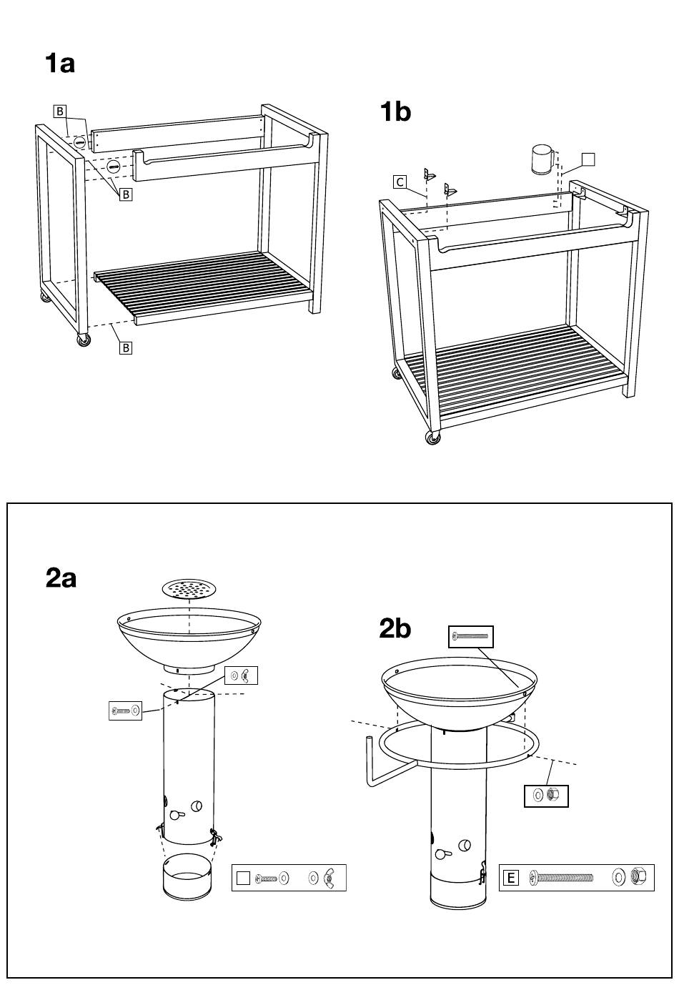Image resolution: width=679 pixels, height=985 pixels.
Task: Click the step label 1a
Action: (60, 64)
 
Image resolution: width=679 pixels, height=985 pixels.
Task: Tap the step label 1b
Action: (395, 112)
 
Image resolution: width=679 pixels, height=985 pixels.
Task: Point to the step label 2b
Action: (395, 628)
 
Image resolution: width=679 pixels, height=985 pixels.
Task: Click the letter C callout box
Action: (400, 182)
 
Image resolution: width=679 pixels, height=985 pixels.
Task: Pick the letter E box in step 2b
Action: (510, 878)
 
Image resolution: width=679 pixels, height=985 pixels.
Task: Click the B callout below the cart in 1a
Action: (126, 348)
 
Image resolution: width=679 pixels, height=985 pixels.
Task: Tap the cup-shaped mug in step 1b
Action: (542, 159)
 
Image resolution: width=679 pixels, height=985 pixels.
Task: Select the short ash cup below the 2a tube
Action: (187, 877)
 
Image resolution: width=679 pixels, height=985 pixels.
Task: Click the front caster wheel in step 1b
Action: (433, 437)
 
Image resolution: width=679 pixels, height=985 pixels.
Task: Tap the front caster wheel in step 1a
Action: (84, 340)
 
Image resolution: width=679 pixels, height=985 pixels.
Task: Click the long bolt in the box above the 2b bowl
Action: (470, 636)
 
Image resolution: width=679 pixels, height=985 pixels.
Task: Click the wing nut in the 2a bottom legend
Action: (329, 878)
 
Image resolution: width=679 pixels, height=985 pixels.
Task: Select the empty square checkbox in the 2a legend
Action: (243, 878)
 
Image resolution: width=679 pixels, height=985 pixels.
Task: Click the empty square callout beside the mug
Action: (588, 159)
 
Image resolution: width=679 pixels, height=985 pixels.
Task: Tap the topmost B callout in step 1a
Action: (60, 112)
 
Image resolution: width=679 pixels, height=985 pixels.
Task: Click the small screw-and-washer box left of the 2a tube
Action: (125, 711)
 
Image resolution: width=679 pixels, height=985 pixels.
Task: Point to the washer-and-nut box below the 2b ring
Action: (546, 796)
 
